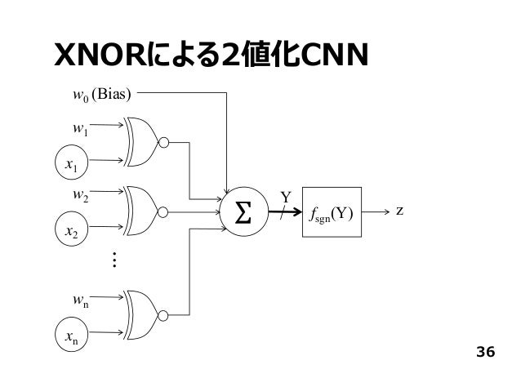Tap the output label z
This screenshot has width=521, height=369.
(399, 211)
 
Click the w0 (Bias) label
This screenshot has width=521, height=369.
(102, 95)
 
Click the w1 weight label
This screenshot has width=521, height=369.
(80, 128)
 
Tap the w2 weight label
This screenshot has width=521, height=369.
(80, 194)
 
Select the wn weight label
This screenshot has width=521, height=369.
(81, 300)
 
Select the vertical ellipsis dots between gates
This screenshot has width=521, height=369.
(114, 260)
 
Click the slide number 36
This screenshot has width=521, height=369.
(485, 352)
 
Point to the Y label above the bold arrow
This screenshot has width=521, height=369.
(286, 198)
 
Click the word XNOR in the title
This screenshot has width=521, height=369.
(100, 55)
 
